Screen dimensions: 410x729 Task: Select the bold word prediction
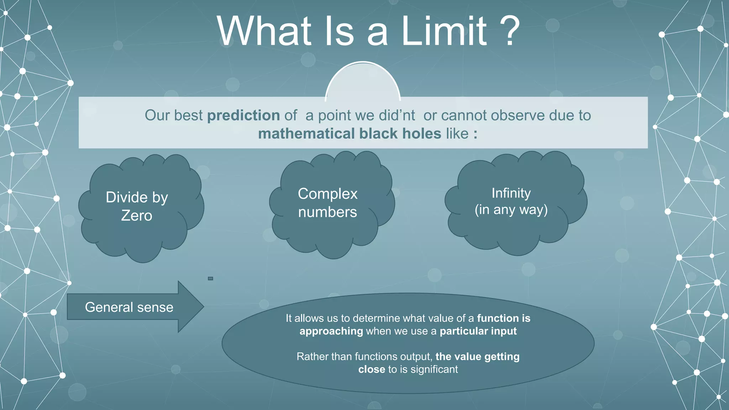[243, 116]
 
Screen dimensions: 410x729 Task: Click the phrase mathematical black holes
[350, 134]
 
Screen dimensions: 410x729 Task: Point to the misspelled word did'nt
[397, 116]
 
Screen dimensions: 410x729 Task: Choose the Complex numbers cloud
[331, 205]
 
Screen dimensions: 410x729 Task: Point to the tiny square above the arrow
[210, 278]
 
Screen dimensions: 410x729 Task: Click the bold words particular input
[478, 331]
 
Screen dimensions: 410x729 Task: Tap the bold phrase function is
[503, 318]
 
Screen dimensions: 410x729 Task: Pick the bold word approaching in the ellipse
[331, 331]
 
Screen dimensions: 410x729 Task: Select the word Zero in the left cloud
[137, 216]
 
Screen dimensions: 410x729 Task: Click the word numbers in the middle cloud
[327, 212]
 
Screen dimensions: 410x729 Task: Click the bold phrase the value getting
[477, 357]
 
